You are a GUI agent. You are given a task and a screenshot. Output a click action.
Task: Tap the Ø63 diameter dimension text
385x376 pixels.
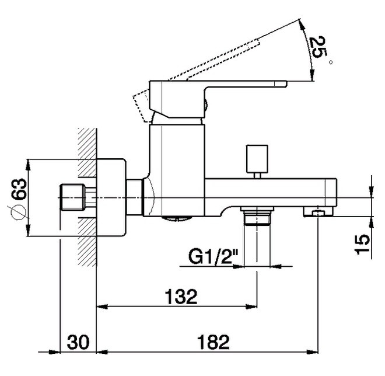17,199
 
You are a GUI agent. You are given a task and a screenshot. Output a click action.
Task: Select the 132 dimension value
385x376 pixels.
181,297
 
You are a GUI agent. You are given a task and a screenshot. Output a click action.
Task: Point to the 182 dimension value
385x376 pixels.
213,342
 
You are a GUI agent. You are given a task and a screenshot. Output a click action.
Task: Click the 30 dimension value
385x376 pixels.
78,342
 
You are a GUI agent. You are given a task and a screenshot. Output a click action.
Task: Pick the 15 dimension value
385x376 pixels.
362,244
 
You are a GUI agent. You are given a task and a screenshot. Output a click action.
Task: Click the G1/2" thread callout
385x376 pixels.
213,256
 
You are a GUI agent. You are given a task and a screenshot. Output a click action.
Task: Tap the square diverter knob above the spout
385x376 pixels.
257,159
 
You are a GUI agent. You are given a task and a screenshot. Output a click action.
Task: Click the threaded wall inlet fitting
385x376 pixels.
78,197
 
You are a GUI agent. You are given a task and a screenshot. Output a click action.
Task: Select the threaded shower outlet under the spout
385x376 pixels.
257,216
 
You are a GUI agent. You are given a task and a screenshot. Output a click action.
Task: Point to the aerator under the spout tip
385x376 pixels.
318,212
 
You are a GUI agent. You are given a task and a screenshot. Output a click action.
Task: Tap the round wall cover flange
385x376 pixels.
111,197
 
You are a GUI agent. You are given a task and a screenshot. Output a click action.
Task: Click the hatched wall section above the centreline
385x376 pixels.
87,152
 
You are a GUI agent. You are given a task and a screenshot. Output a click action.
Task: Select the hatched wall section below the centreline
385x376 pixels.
87,242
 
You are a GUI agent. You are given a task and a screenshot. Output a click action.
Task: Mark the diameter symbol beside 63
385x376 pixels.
17,212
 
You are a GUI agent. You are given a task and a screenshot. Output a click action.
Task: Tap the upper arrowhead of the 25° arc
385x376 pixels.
302,25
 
